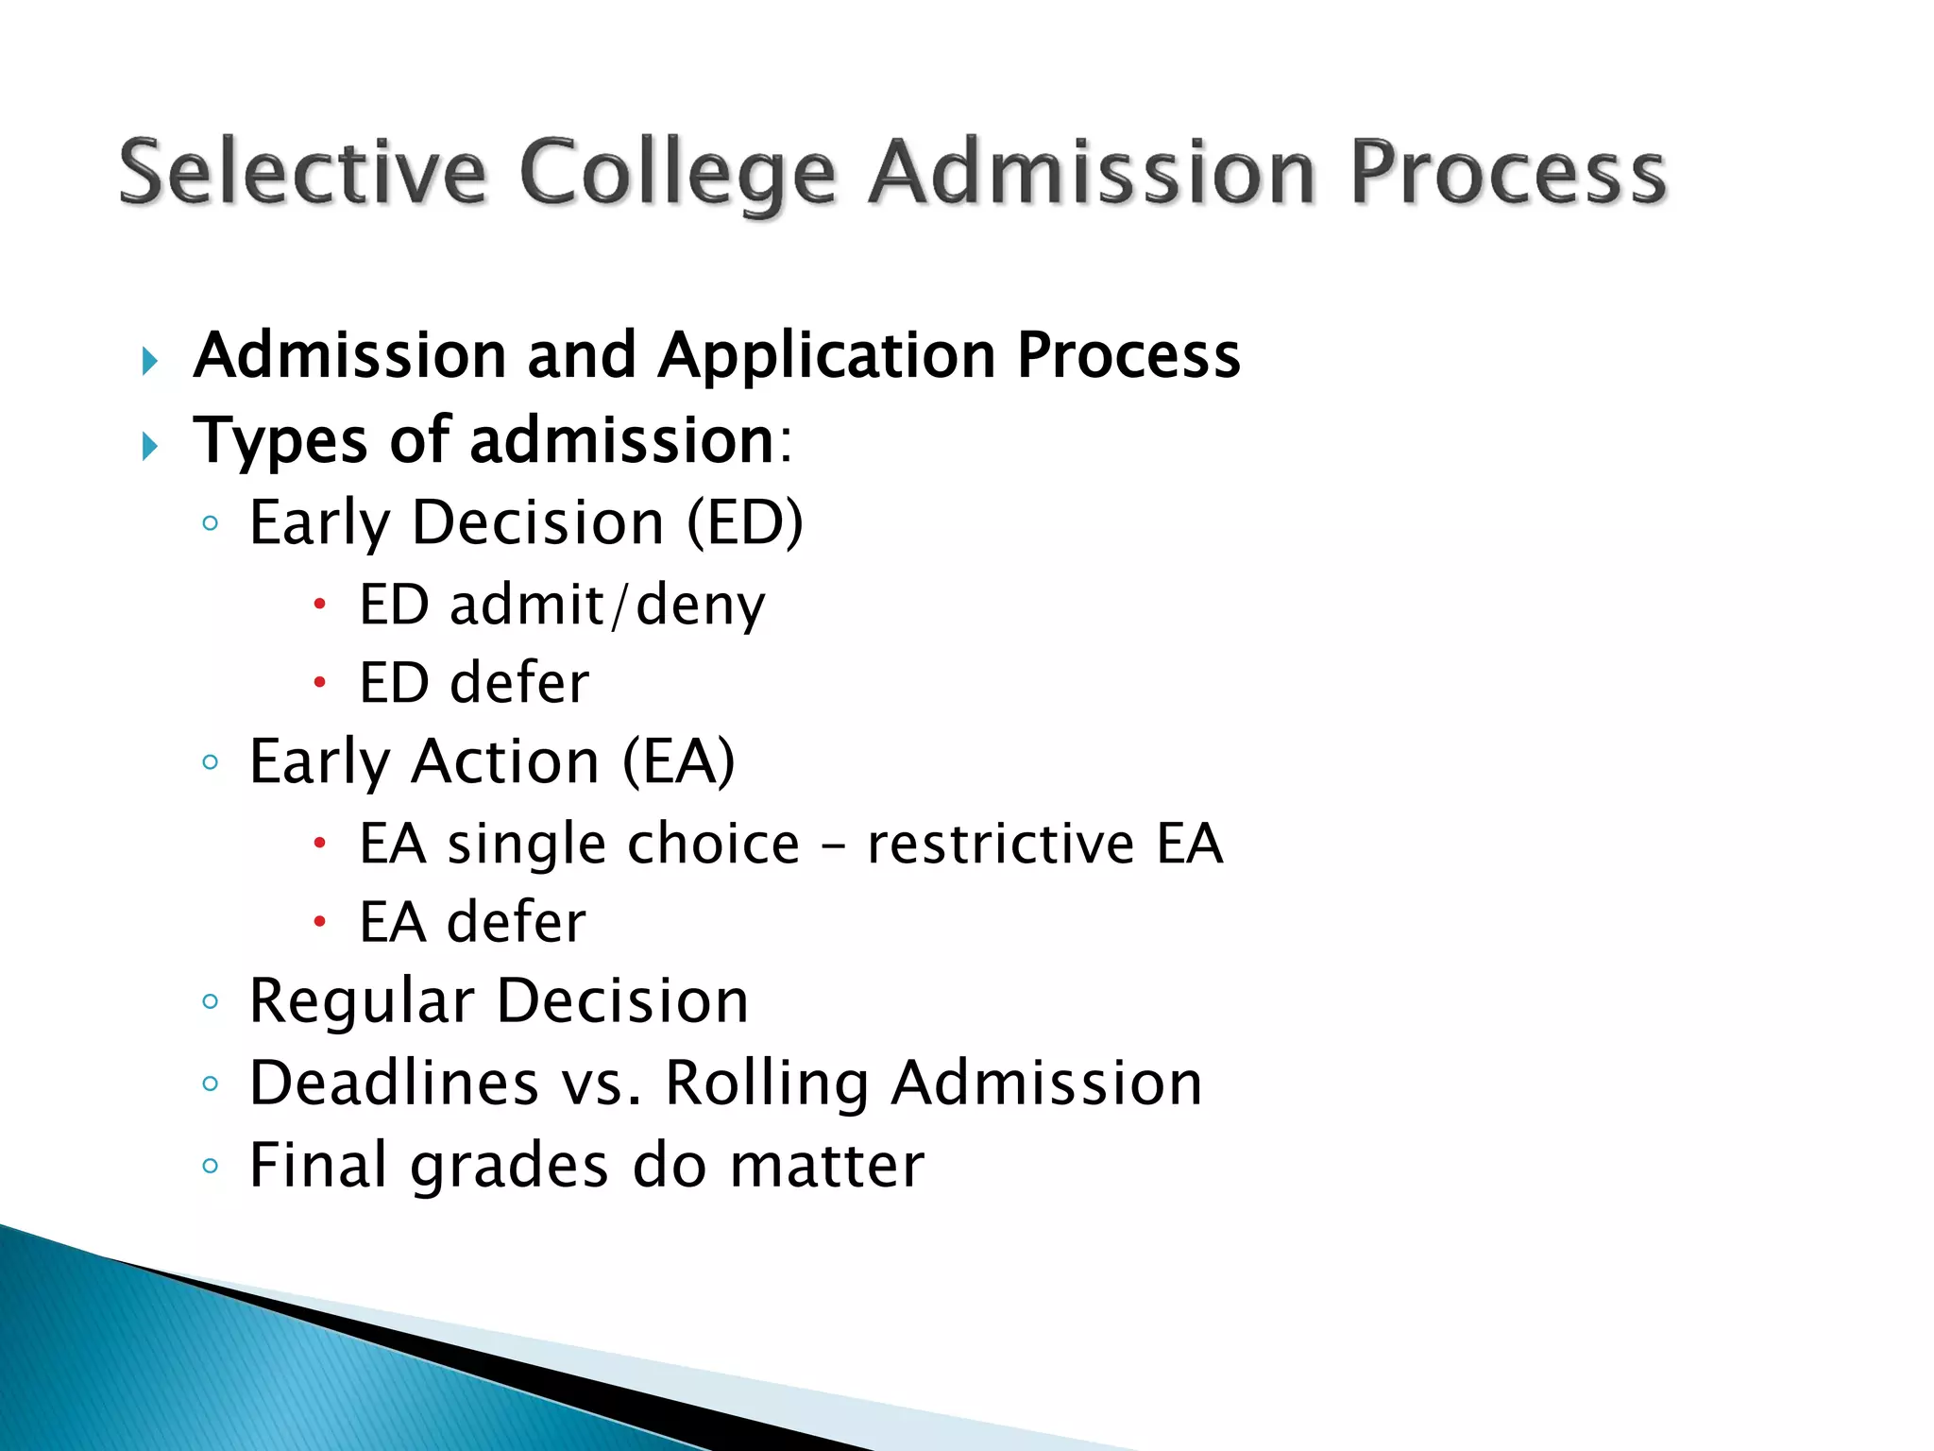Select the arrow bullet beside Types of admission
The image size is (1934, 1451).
pyautogui.click(x=149, y=445)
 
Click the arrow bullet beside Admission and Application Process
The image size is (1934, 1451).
pyautogui.click(x=149, y=360)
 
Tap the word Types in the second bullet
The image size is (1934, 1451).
pyautogui.click(x=280, y=441)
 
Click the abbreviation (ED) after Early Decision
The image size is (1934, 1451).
pyautogui.click(x=745, y=522)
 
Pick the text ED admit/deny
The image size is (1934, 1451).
pyautogui.click(x=562, y=605)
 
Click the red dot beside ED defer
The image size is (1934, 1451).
pyautogui.click(x=320, y=682)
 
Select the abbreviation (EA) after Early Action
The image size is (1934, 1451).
pyautogui.click(x=678, y=761)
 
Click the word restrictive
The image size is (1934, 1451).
pyautogui.click(x=1001, y=843)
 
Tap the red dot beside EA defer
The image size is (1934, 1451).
pyautogui.click(x=320, y=921)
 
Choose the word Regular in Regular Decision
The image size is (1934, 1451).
pyautogui.click(x=362, y=1000)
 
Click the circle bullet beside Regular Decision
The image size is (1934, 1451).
pyautogui.click(x=211, y=1001)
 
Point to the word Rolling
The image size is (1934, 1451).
pyautogui.click(x=767, y=1083)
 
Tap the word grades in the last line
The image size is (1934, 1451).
pyautogui.click(x=509, y=1166)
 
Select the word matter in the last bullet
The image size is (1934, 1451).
pyautogui.click(x=826, y=1165)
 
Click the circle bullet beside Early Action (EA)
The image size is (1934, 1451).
pyautogui.click(x=211, y=762)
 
